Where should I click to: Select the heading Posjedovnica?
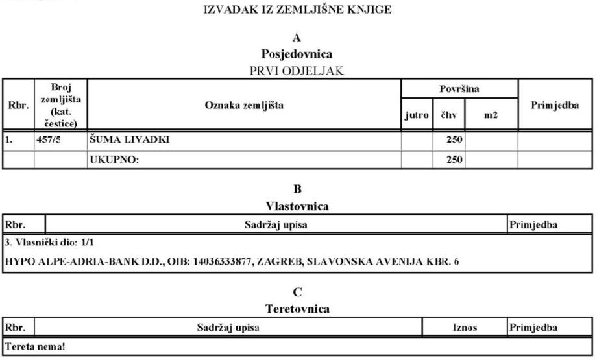coord(298,54)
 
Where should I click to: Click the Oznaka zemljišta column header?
coord(244,105)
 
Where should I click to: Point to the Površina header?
coord(459,88)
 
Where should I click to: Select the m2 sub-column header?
coord(491,115)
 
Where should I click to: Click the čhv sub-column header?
coord(448,115)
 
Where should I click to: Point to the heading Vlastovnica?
coord(298,206)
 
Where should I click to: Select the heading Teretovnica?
coord(298,309)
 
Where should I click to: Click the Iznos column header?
coord(465,328)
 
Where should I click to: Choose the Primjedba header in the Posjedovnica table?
coord(555,105)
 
